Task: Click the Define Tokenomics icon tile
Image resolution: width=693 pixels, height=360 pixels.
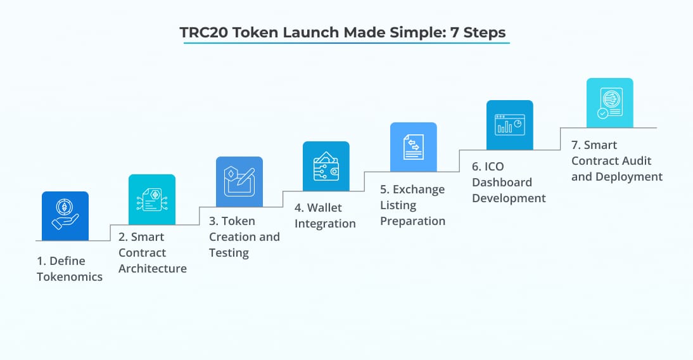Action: [x=65, y=215]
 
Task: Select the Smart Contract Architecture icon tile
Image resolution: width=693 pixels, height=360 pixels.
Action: [x=152, y=199]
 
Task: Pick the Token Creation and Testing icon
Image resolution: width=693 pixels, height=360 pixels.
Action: [x=239, y=182]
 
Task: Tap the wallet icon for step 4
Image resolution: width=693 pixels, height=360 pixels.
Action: [x=326, y=166]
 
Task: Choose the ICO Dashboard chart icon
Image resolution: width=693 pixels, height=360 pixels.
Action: [x=509, y=125]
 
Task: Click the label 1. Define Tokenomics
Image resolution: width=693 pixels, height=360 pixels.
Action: [x=69, y=269]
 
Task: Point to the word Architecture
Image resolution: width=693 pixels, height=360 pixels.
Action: [x=152, y=269]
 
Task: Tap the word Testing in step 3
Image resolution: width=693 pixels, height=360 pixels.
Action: [x=229, y=253]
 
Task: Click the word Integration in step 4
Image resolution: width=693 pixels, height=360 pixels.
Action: [x=325, y=224]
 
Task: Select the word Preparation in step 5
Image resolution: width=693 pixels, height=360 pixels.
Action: [x=412, y=221]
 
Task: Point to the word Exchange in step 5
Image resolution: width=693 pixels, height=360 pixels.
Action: [x=419, y=190]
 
